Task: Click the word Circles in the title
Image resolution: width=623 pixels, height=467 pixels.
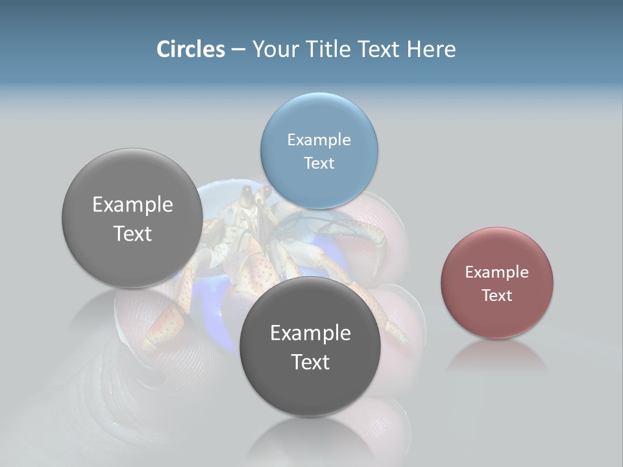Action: (191, 49)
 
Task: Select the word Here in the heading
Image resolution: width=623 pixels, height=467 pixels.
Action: (431, 49)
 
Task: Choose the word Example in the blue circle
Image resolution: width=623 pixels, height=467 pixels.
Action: (319, 139)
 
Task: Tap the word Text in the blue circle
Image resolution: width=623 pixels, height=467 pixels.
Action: (319, 163)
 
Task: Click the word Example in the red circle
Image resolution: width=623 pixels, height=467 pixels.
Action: (496, 272)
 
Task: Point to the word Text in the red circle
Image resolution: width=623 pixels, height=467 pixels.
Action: (496, 295)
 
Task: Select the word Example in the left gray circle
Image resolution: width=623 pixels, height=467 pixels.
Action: (132, 204)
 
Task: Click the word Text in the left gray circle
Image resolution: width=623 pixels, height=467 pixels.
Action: (132, 233)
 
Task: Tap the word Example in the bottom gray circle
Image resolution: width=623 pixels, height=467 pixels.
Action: (310, 333)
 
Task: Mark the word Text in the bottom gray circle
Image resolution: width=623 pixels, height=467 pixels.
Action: (310, 361)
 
